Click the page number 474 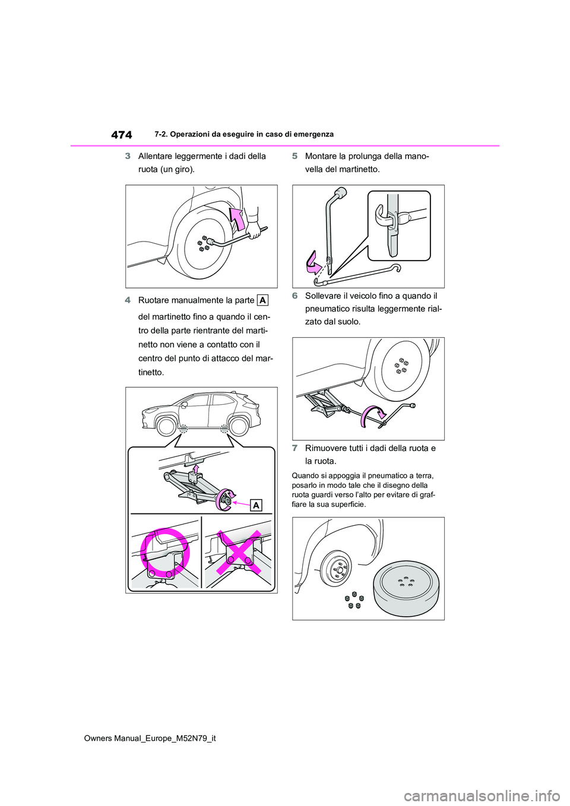click(x=122, y=135)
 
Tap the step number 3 click(x=128, y=156)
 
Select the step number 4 click(x=128, y=300)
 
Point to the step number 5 click(x=294, y=156)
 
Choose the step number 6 click(x=294, y=296)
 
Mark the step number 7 click(x=294, y=448)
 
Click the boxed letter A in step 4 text click(x=262, y=300)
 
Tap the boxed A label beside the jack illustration click(x=256, y=505)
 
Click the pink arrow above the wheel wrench click(x=237, y=218)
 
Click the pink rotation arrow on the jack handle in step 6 click(x=372, y=415)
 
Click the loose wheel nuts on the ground click(x=354, y=600)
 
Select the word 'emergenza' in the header click(x=315, y=134)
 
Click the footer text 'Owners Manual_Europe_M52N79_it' click(x=150, y=738)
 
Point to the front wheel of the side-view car click(x=167, y=426)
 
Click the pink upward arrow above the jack click(x=196, y=470)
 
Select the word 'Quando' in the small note click(x=305, y=475)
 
